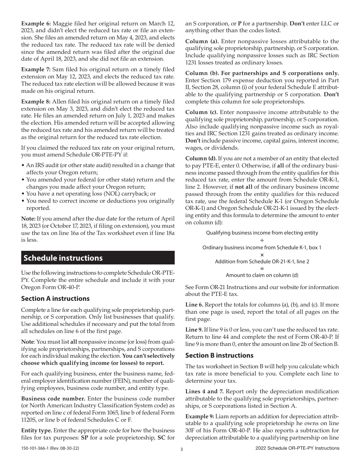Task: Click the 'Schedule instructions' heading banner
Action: (x=98, y=258)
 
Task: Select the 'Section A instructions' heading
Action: (x=55, y=299)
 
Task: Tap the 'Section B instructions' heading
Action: (x=219, y=355)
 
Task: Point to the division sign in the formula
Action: (x=262, y=240)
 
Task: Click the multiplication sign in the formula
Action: (x=262, y=255)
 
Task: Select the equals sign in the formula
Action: (x=262, y=268)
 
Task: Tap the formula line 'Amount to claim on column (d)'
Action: (x=262, y=275)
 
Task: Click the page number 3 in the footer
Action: (x=182, y=449)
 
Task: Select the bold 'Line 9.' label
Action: (x=194, y=330)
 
